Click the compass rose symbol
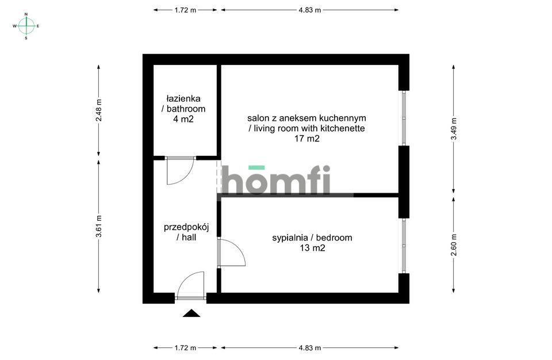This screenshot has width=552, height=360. coord(26,26)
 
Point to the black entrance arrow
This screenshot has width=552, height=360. coord(191,313)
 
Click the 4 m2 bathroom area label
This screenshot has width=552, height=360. coord(183,119)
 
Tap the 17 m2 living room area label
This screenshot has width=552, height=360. coord(306,139)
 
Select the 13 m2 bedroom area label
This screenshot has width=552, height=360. coord(312,248)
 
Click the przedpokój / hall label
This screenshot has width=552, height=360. coord(186,232)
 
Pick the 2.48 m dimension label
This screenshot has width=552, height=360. coord(99,110)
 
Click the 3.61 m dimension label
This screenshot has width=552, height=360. coord(99,226)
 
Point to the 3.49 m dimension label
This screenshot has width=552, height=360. coord(454,129)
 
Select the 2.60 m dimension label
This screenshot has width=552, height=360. coord(454,245)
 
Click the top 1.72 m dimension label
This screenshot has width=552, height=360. coord(185,10)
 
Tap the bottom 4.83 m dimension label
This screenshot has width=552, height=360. coord(310,348)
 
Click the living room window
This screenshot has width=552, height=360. coord(404,118)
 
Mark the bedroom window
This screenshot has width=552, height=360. coord(404,246)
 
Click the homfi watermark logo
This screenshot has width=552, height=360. coord(275,179)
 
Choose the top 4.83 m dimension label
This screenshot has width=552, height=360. coord(310,10)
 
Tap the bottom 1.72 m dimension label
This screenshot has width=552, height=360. coord(185,348)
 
